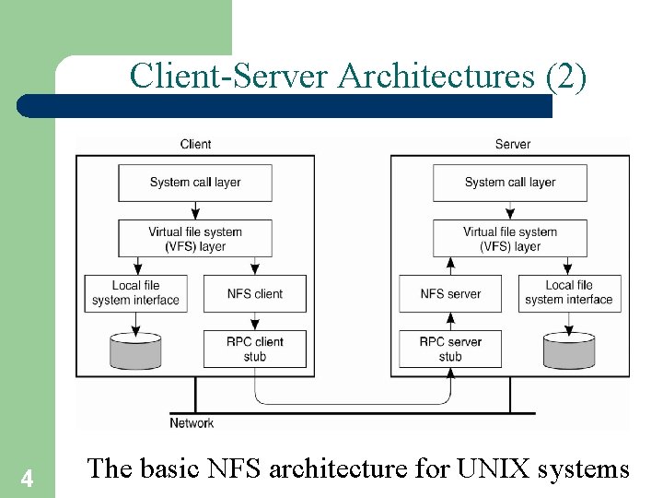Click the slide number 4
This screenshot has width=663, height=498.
tap(28, 479)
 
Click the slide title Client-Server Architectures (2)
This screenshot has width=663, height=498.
tap(357, 76)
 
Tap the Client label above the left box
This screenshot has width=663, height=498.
tap(195, 144)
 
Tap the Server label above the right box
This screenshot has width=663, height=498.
tap(512, 144)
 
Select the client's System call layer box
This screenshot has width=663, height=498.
tap(195, 183)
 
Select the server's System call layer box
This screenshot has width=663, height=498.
tap(510, 183)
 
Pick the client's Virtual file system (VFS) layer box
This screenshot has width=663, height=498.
tap(195, 239)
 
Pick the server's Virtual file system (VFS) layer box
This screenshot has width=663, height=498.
tap(510, 239)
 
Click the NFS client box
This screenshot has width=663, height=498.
tap(255, 293)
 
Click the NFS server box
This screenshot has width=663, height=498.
tap(450, 293)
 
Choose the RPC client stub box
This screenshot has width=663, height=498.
tap(255, 349)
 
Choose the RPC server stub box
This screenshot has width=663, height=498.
tap(450, 349)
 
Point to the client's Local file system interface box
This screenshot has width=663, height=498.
tap(135, 293)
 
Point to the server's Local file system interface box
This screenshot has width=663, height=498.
tap(568, 293)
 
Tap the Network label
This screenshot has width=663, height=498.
tap(192, 423)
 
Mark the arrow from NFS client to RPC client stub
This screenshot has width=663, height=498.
tap(255, 321)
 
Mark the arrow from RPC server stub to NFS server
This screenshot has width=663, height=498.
tap(450, 321)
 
